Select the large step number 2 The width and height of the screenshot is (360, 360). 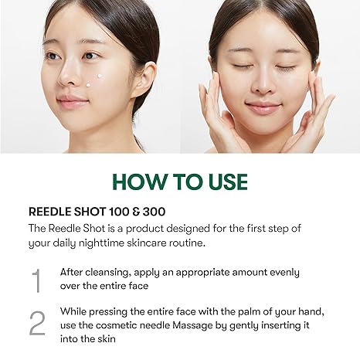(x=36, y=324)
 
